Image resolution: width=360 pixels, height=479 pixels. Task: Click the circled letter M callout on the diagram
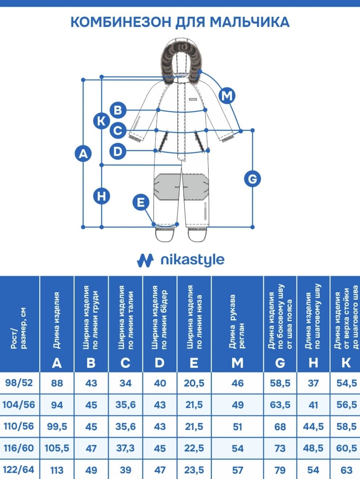coord(227,96)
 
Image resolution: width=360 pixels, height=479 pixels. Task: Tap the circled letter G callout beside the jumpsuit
coord(252,179)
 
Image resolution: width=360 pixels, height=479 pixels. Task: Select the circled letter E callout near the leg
coord(141,202)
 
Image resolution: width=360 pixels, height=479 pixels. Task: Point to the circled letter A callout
coord(83,154)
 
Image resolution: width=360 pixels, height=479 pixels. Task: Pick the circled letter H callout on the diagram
coord(101,196)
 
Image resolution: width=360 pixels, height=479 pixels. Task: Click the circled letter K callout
coord(101,121)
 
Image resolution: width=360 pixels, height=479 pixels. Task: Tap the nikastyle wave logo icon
coord(145,260)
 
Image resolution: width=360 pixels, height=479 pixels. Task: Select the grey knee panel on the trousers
coord(181,187)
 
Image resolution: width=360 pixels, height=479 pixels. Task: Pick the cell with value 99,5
coord(57,426)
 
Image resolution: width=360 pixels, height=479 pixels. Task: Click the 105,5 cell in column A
coord(57,448)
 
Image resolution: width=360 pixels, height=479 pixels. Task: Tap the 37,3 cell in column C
coord(126,448)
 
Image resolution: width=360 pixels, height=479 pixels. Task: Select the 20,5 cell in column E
coord(194,383)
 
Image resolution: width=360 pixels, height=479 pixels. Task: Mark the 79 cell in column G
coord(280,470)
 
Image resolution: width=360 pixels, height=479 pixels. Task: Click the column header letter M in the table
coord(237,363)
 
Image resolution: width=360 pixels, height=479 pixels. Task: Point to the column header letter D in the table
coord(159,363)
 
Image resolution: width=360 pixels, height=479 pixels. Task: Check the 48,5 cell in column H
coord(313,448)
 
